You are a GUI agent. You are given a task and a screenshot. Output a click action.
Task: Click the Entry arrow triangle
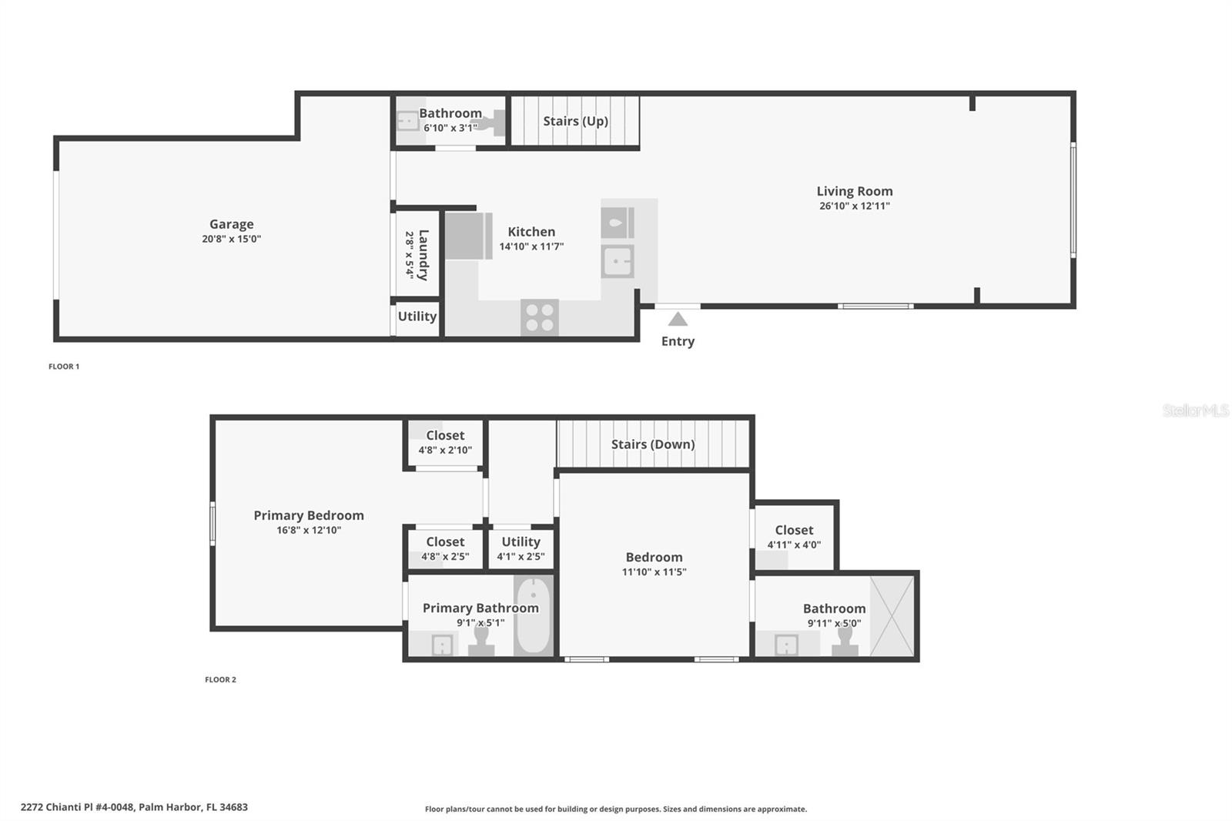(678, 319)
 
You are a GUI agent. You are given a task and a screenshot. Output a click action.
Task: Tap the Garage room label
(232, 224)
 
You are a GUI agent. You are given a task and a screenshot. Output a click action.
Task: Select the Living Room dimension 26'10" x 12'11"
(854, 206)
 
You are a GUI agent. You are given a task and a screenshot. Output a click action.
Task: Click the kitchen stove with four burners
(540, 317)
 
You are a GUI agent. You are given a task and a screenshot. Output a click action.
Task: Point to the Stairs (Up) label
(576, 121)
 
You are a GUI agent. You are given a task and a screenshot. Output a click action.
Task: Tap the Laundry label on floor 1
(423, 256)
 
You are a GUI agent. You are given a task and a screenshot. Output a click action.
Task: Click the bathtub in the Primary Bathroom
(533, 615)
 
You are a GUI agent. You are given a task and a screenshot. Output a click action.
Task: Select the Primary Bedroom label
(309, 515)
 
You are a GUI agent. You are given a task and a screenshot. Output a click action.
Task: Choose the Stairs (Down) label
(653, 444)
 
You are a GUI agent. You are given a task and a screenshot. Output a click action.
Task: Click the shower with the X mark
(892, 616)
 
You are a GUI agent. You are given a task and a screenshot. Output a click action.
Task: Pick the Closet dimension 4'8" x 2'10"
(445, 450)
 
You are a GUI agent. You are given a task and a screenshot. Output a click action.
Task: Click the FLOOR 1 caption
(64, 367)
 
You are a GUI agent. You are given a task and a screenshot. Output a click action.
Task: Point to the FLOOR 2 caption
(220, 679)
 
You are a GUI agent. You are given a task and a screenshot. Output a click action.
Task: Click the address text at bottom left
(134, 807)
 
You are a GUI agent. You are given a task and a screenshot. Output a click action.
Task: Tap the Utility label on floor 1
(417, 317)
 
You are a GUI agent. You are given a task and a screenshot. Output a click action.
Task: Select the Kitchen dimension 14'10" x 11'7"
(531, 246)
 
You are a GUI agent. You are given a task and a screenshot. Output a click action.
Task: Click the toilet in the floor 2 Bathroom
(845, 641)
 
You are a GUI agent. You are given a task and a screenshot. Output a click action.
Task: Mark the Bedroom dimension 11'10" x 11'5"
(654, 571)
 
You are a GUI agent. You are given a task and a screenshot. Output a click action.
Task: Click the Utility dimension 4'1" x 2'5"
(521, 556)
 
